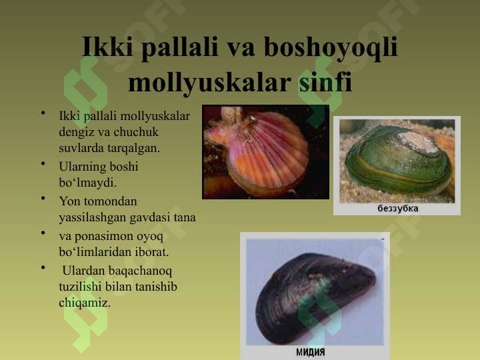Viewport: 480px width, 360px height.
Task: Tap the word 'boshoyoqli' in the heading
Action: [331, 47]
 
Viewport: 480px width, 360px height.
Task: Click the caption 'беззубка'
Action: [398, 209]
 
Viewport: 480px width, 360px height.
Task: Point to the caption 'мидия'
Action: [311, 352]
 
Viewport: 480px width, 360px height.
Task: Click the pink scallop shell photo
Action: [265, 151]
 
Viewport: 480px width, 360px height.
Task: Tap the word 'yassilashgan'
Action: [91, 217]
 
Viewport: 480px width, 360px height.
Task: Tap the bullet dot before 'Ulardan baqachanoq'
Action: [42, 268]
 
